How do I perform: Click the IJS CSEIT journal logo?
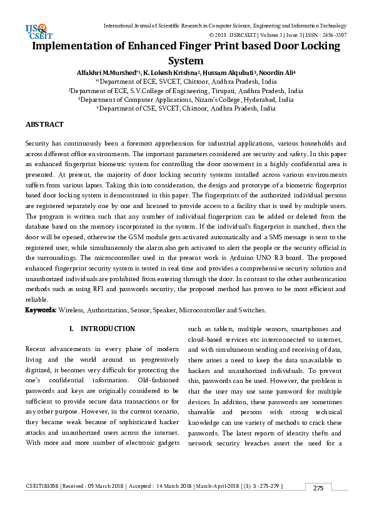36,31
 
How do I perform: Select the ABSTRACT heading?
44,126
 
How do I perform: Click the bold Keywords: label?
41,310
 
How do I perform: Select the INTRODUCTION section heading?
108,329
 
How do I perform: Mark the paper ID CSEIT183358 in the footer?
43,487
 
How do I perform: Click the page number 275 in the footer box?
318,488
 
